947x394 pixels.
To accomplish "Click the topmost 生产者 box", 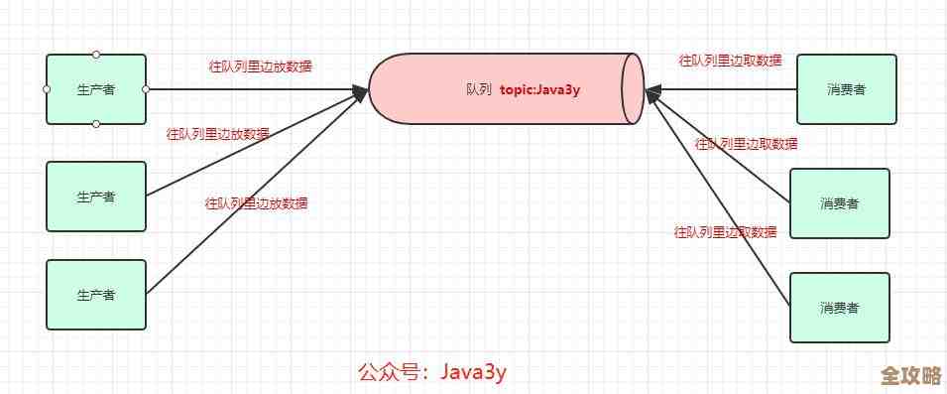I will click(96, 89).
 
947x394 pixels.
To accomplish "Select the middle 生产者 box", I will click(96, 196).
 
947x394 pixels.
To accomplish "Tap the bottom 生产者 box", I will click(96, 294).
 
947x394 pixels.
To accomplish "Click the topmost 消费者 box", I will click(846, 88).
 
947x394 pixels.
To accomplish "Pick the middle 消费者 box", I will click(839, 203).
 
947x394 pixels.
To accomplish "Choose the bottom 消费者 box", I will click(839, 307).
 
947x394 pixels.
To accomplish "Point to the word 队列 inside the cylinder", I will click(478, 88).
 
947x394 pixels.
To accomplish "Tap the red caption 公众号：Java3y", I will click(432, 372).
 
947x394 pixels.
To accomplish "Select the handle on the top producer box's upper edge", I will click(96, 54).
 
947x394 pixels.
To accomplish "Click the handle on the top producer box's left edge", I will click(47, 89).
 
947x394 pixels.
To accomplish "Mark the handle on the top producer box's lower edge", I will click(96, 124).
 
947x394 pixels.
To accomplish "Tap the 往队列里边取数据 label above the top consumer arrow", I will click(730, 61).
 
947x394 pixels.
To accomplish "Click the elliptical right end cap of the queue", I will click(634, 88).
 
